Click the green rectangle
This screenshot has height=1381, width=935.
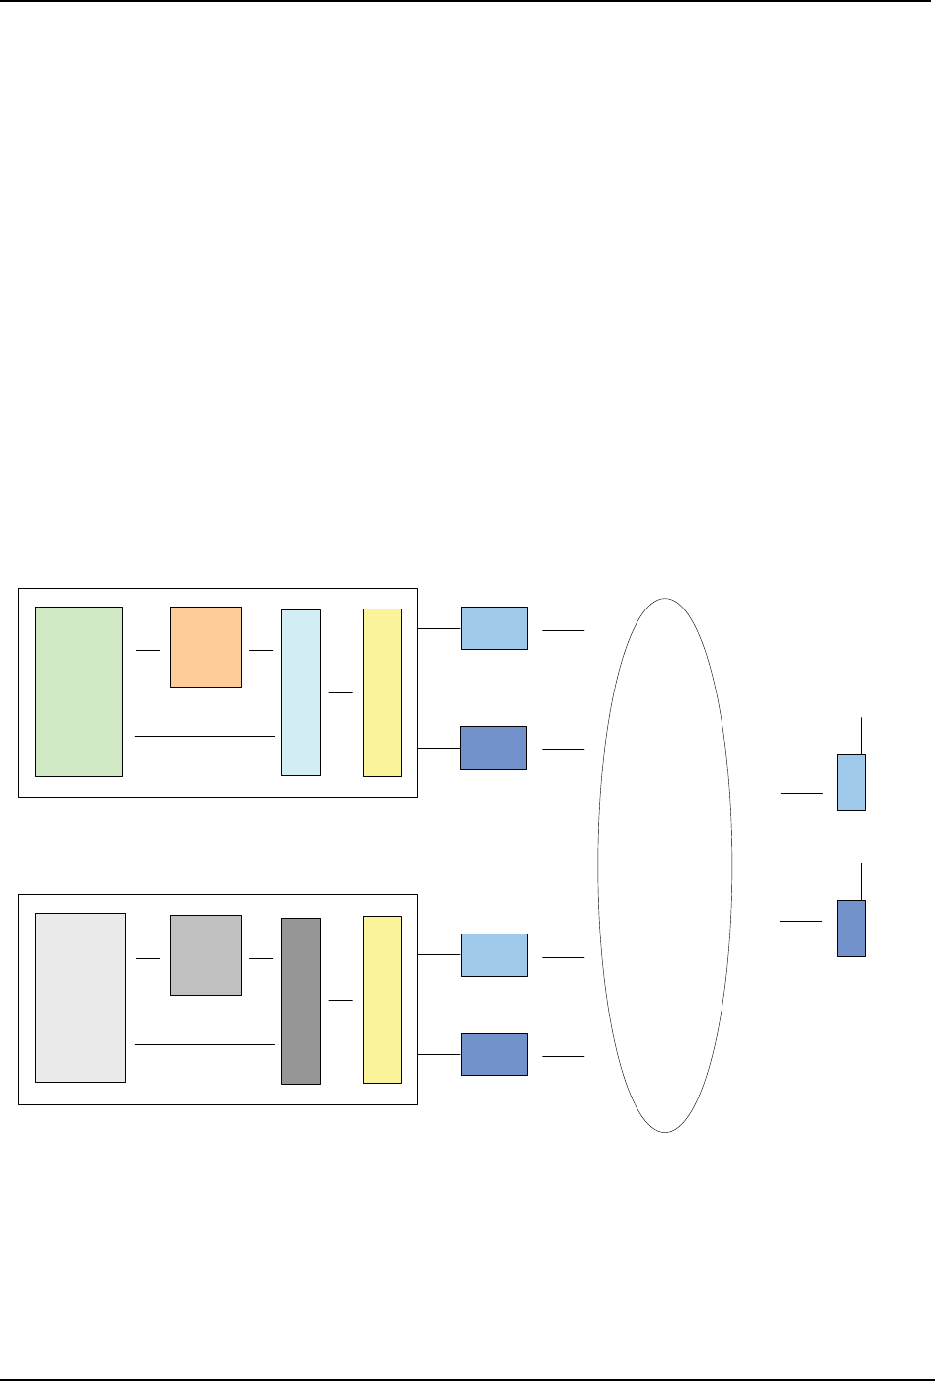point(78,691)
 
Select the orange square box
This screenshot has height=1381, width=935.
point(206,647)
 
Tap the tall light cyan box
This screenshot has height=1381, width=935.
point(300,692)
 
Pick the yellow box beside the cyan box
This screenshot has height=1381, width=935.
point(382,692)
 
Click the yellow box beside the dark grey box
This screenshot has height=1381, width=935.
point(382,999)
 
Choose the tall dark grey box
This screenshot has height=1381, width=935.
point(300,1001)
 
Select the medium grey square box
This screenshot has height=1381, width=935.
point(206,954)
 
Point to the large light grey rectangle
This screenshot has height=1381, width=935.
point(80,997)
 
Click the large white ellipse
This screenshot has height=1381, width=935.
point(665,864)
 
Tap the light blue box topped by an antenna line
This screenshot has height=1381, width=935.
point(851,782)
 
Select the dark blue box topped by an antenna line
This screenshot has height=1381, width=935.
point(851,928)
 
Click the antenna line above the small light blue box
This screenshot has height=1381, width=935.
point(862,736)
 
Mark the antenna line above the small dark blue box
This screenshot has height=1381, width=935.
point(862,881)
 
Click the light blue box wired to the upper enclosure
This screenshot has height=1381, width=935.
point(494,628)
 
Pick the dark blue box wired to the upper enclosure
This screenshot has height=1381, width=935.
point(493,748)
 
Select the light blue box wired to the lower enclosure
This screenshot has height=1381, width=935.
point(494,955)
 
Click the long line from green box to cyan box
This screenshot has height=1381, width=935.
point(204,736)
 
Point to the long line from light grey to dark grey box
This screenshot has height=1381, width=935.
point(204,1043)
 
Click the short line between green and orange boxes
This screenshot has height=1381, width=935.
point(147,651)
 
